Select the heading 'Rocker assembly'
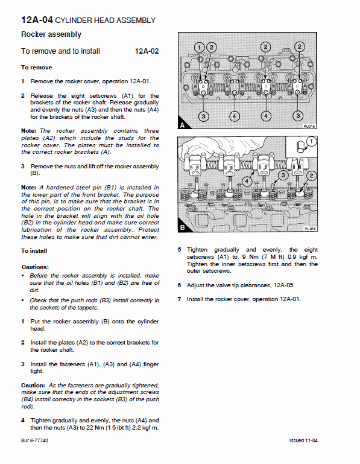(x=51, y=35)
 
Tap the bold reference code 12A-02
(x=147, y=52)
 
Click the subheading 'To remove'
(x=36, y=68)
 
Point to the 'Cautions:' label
(x=36, y=267)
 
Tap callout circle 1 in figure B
(x=311, y=142)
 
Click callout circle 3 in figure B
(x=282, y=175)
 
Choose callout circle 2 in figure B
(x=311, y=175)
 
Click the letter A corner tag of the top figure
(x=182, y=126)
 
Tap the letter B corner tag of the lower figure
(x=182, y=228)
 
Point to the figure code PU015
(x=309, y=127)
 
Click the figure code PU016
(x=309, y=229)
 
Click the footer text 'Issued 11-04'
(x=303, y=441)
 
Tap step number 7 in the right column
(x=180, y=299)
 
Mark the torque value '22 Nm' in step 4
(x=93, y=428)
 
